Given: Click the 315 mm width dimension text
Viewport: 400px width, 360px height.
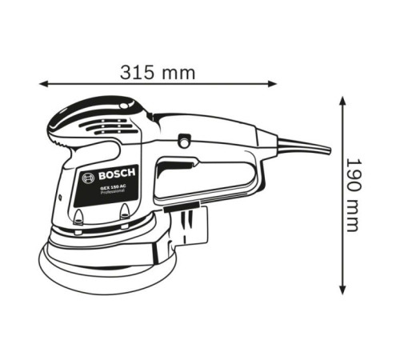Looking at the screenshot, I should click(158, 72).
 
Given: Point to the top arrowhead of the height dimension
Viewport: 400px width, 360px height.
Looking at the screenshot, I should click(342, 102).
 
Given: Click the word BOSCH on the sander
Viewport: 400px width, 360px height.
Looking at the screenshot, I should click(118, 175).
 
